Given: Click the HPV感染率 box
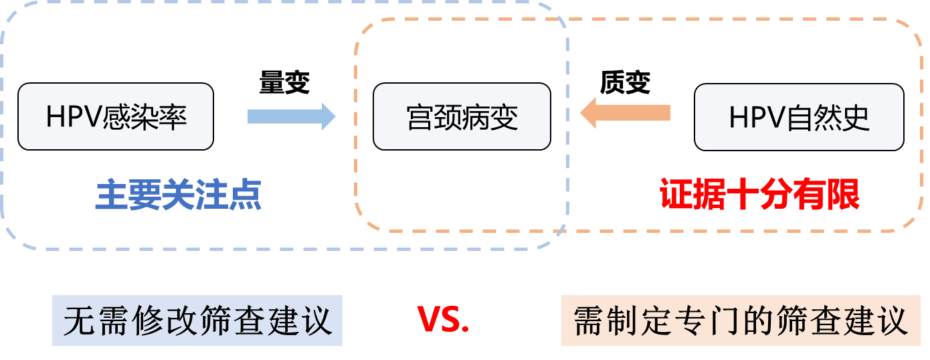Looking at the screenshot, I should click(x=116, y=116).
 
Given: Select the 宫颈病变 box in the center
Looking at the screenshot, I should click(x=462, y=116).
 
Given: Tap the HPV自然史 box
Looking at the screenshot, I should click(x=799, y=117).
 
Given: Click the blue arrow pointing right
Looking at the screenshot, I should click(x=291, y=116).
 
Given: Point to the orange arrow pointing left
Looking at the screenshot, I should click(x=625, y=112).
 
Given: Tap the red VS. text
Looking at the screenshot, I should click(x=444, y=320).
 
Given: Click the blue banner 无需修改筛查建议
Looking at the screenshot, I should click(x=197, y=321).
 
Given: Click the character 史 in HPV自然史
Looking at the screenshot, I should click(x=856, y=118).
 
